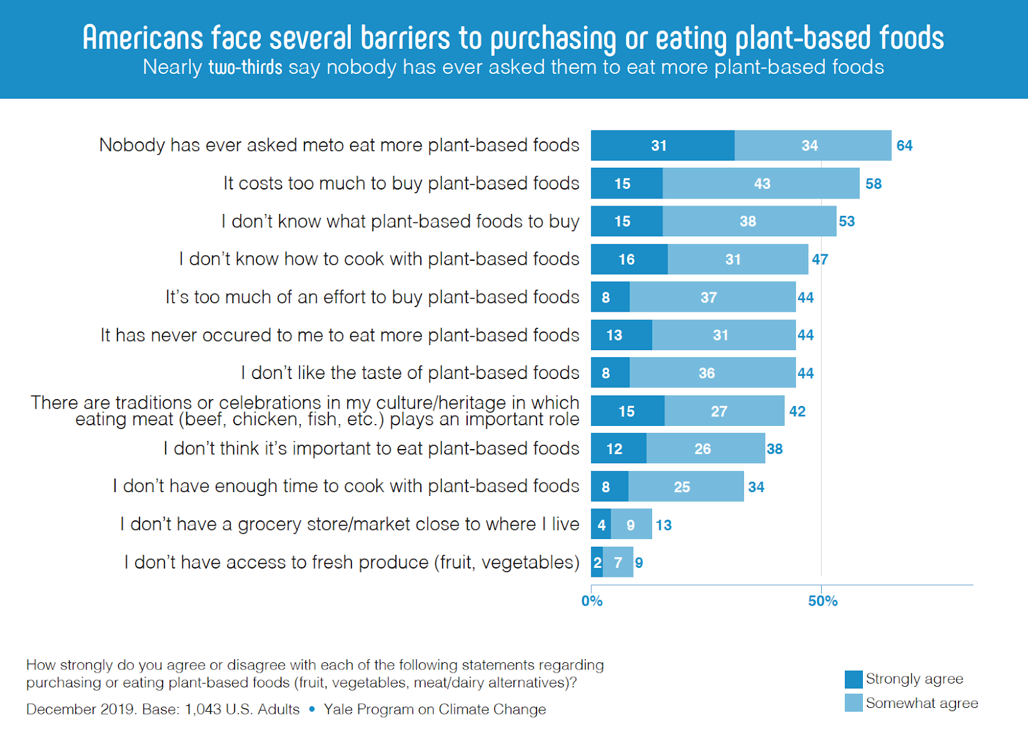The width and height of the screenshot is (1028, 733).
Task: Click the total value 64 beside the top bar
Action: tap(904, 146)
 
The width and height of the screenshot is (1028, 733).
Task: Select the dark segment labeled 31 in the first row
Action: tap(662, 146)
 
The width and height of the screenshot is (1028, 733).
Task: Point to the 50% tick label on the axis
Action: tap(822, 601)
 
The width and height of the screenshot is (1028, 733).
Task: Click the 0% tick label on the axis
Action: tap(592, 601)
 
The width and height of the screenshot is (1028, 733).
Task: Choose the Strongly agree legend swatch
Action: tap(854, 679)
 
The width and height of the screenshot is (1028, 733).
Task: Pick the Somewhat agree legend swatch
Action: tap(854, 703)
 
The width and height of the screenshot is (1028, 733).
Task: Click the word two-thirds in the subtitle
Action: tap(245, 67)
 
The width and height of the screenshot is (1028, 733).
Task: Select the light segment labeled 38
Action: tap(749, 222)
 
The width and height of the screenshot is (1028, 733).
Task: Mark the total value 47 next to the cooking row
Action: tap(820, 260)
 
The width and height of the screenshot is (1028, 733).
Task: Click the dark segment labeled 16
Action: tap(629, 260)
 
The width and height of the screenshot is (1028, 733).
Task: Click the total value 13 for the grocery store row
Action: tap(663, 525)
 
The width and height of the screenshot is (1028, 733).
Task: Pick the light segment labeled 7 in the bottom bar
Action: tap(618, 563)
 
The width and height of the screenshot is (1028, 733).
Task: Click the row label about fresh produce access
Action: tap(351, 563)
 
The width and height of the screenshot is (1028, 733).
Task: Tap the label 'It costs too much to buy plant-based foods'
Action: tap(401, 184)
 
